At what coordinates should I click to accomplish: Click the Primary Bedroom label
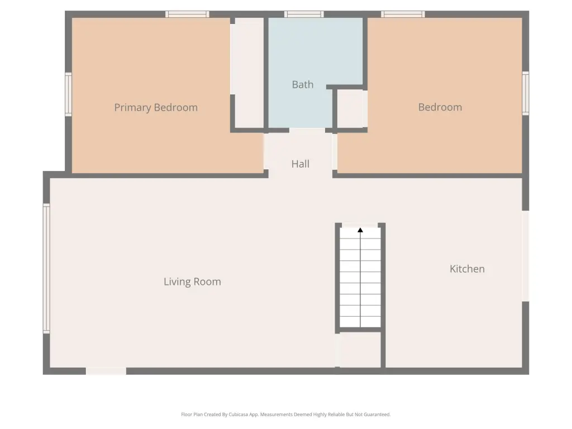point(156,108)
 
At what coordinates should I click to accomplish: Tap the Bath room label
point(302,85)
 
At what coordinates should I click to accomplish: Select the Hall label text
point(300,164)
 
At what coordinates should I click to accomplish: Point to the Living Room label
point(192,282)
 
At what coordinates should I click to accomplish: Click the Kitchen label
point(467,269)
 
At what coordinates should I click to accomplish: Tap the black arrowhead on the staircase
point(360,230)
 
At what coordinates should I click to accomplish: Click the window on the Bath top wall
point(304,14)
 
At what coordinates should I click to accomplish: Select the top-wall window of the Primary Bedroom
point(187,14)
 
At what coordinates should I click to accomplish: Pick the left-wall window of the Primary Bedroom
point(68,94)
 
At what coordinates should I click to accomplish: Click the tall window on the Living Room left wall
point(46,269)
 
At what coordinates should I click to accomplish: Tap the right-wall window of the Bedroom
point(525,93)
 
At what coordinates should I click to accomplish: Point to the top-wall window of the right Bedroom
point(403,14)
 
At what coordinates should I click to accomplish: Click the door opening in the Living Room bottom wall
point(106,371)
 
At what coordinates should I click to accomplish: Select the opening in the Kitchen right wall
point(525,256)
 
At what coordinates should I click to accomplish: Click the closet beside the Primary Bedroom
point(249,73)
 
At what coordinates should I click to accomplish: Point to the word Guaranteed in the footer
point(378,414)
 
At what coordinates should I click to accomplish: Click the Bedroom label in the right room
point(440,107)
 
